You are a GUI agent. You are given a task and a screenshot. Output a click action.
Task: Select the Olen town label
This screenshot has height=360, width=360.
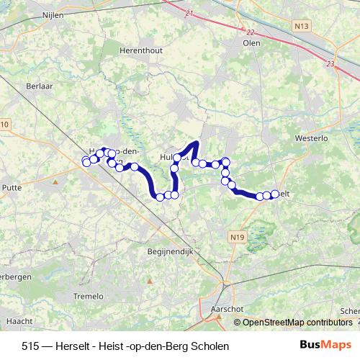tap(252, 42)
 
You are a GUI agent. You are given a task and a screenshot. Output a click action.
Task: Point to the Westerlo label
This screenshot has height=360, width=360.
tap(311, 137)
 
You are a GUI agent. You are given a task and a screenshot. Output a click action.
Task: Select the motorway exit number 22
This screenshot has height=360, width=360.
tap(250, 32)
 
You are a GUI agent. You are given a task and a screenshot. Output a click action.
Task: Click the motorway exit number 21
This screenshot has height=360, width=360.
tap(189, 14)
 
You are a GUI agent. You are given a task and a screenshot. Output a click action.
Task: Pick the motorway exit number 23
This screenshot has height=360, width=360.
tap(330, 65)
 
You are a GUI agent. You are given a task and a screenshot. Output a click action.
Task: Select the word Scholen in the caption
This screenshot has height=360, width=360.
tap(210, 346)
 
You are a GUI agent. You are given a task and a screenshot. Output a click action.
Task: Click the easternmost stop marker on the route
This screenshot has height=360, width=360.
tap(274, 194)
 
